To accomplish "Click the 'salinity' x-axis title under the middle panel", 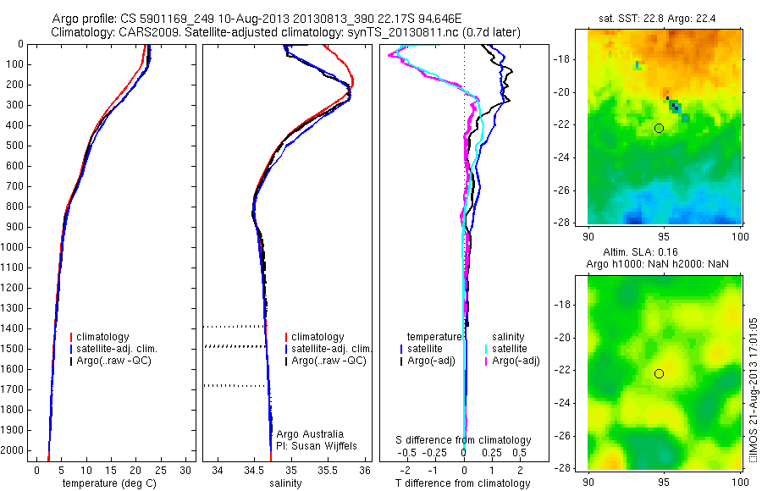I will point(284,483).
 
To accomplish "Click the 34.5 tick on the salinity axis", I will point(254,469).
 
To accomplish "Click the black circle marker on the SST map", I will point(659,128).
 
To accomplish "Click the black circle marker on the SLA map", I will point(659,373).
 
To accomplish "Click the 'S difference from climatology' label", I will point(464,440).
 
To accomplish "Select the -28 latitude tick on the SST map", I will point(575,222).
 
